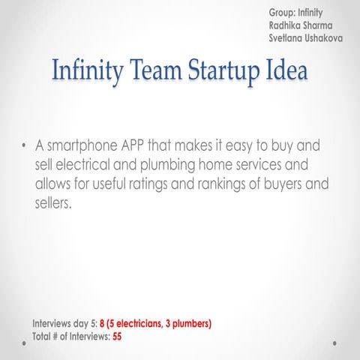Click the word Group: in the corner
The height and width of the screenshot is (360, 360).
click(x=281, y=12)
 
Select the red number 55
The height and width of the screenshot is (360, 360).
click(x=117, y=336)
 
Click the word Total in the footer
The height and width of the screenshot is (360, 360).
click(x=43, y=336)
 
